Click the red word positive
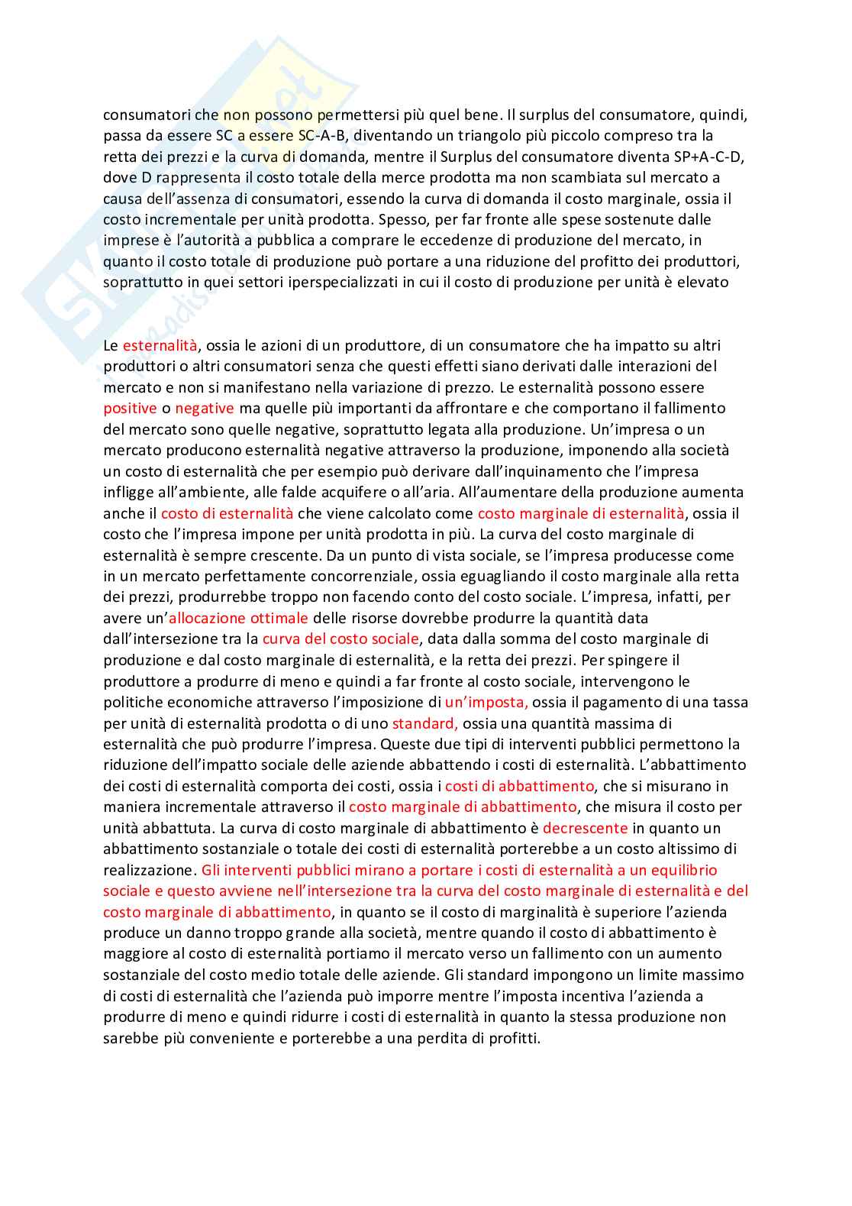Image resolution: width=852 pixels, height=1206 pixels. tap(130, 409)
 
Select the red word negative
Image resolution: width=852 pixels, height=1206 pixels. tap(205, 409)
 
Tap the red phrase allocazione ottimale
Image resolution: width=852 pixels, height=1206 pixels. tap(238, 618)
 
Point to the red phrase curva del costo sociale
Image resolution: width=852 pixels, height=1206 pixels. tap(340, 639)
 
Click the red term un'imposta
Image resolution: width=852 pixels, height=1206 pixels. tap(486, 702)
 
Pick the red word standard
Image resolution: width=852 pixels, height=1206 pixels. tap(424, 723)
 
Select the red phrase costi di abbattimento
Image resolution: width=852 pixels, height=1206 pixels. tap(519, 786)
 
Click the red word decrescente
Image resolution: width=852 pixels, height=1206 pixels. tap(585, 828)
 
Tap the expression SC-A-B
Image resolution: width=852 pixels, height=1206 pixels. tap(323, 136)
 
